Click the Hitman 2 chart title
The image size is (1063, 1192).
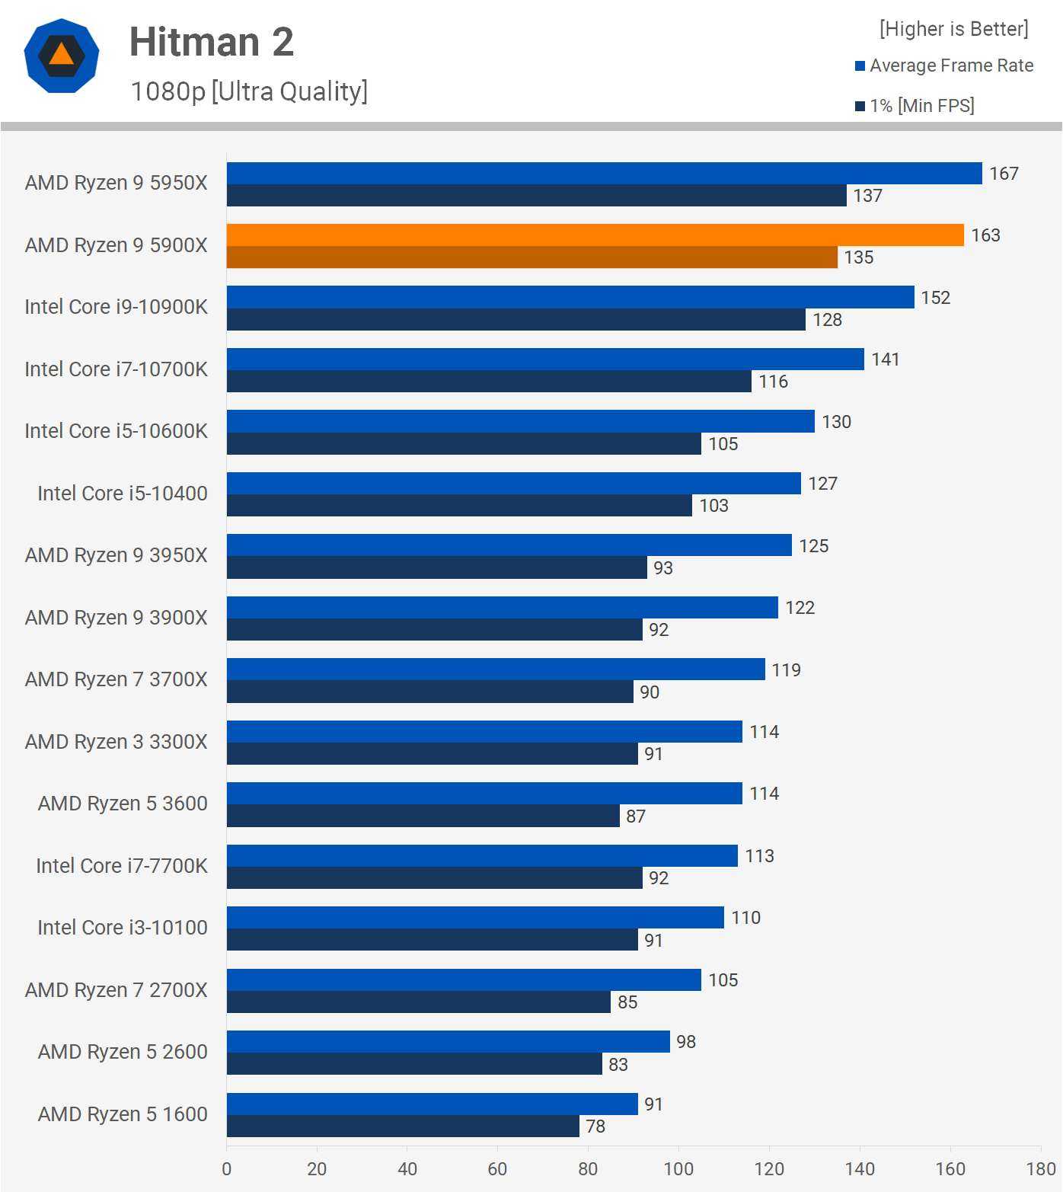pos(211,42)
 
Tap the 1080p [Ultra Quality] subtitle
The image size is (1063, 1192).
pos(249,91)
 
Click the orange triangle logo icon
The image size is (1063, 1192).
pos(62,56)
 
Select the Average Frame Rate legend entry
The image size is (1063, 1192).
pos(944,66)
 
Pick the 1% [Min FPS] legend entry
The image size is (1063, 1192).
pos(915,106)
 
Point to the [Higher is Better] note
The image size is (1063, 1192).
pos(953,29)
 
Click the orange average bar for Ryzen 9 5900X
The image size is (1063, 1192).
pos(595,235)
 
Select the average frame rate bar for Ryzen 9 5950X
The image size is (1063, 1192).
pos(604,174)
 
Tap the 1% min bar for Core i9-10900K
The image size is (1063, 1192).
pos(516,320)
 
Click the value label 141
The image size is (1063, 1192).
pos(886,360)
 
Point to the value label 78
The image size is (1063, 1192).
pos(595,1126)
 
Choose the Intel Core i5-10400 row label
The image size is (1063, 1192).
pos(123,494)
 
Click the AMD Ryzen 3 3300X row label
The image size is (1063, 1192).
pos(116,742)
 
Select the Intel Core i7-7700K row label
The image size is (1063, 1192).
pos(122,866)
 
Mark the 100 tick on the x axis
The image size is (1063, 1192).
pos(678,1169)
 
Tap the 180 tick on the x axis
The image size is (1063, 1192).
pos(1040,1169)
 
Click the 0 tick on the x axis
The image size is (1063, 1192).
pos(227,1169)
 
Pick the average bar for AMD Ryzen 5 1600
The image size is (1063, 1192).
pos(432,1104)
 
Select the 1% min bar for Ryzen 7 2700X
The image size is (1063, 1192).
pos(418,1002)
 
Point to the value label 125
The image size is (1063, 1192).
pos(813,546)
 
